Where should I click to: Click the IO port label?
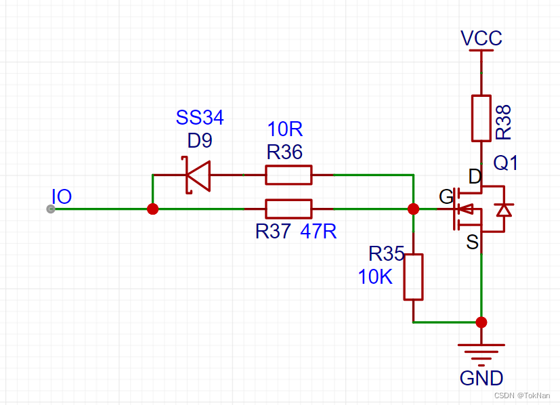[62, 197]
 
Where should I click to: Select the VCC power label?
[481, 39]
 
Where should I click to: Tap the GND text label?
[481, 378]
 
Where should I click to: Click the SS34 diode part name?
[200, 118]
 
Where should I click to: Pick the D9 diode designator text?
[200, 142]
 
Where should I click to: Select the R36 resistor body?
[288, 175]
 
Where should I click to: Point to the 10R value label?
[285, 129]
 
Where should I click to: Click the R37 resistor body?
[288, 209]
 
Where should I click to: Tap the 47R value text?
[318, 232]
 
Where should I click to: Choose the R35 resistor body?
[413, 276]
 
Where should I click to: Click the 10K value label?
[376, 276]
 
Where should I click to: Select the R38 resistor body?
[481, 119]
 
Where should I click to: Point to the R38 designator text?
[504, 122]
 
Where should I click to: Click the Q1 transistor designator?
[506, 163]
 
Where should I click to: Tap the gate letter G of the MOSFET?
[446, 197]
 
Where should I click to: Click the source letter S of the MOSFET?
[472, 242]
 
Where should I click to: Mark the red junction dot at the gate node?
[413, 209]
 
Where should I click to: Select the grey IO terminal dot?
[51, 209]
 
